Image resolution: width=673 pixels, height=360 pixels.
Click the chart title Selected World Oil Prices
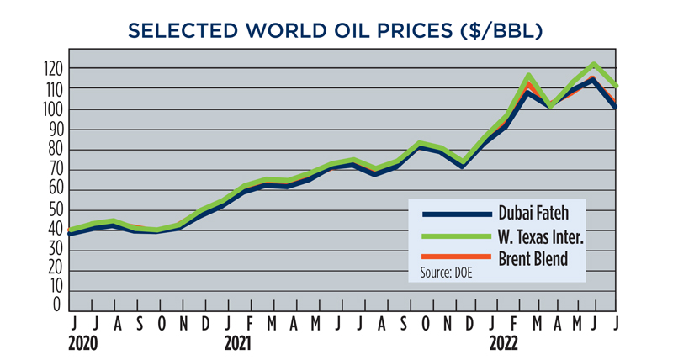click(x=336, y=31)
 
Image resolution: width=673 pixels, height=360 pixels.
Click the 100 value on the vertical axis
click(x=52, y=109)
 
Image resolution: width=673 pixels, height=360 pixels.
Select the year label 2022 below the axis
click(x=504, y=344)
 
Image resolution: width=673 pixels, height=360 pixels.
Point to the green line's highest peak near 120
click(x=594, y=65)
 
